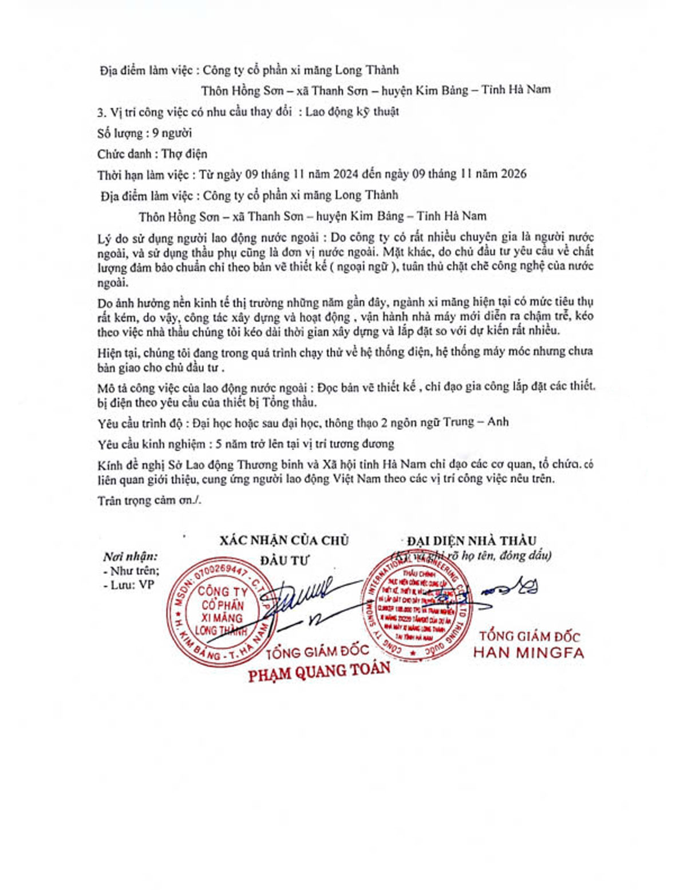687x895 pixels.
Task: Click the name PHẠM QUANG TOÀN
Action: (319, 672)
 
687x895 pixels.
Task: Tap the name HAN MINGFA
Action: (528, 653)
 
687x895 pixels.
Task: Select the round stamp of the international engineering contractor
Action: (418, 606)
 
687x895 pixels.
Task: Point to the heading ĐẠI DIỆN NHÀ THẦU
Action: (472, 541)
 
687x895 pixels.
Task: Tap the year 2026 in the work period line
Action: (514, 174)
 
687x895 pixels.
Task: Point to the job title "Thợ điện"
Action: (184, 153)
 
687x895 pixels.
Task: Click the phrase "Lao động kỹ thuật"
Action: (352, 111)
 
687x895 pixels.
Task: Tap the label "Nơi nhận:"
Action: (131, 557)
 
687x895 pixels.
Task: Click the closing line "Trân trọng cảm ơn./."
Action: (149, 500)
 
